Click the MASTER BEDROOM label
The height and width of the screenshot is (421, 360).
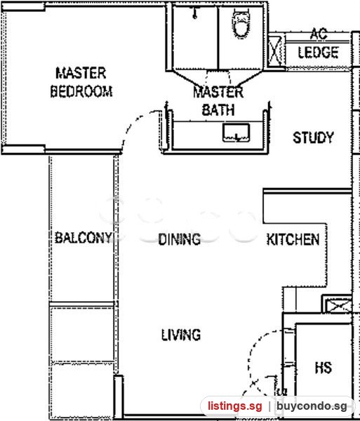(81, 82)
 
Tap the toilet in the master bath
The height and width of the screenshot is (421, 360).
(241, 23)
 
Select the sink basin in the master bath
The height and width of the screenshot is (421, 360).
(236, 133)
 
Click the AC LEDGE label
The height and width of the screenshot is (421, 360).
(319, 44)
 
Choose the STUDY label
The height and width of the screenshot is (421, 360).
(313, 138)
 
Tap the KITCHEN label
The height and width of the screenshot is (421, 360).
(293, 239)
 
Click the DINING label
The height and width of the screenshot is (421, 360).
(180, 239)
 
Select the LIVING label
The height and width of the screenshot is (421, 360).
(181, 335)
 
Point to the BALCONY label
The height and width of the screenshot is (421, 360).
(84, 238)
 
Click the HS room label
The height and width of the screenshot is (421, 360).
(324, 368)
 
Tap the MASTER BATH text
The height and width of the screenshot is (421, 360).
(218, 101)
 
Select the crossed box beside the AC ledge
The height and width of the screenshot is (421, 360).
(275, 51)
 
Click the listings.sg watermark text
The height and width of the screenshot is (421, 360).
(234, 406)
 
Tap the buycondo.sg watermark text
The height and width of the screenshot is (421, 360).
(312, 406)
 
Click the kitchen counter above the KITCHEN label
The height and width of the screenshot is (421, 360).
(307, 206)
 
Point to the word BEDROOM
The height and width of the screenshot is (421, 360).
(81, 91)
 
